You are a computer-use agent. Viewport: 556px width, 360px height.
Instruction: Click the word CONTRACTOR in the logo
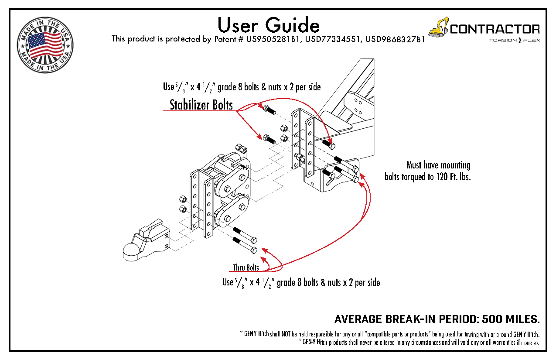[495, 29]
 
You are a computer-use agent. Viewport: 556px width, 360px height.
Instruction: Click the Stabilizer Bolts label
[201, 105]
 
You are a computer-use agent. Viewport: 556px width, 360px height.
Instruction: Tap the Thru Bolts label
[246, 267]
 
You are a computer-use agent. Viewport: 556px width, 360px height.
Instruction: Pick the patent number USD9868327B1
[395, 39]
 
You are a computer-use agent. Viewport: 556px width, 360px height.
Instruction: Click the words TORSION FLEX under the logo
[514, 41]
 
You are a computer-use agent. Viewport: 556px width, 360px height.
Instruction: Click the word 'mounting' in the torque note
[455, 165]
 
